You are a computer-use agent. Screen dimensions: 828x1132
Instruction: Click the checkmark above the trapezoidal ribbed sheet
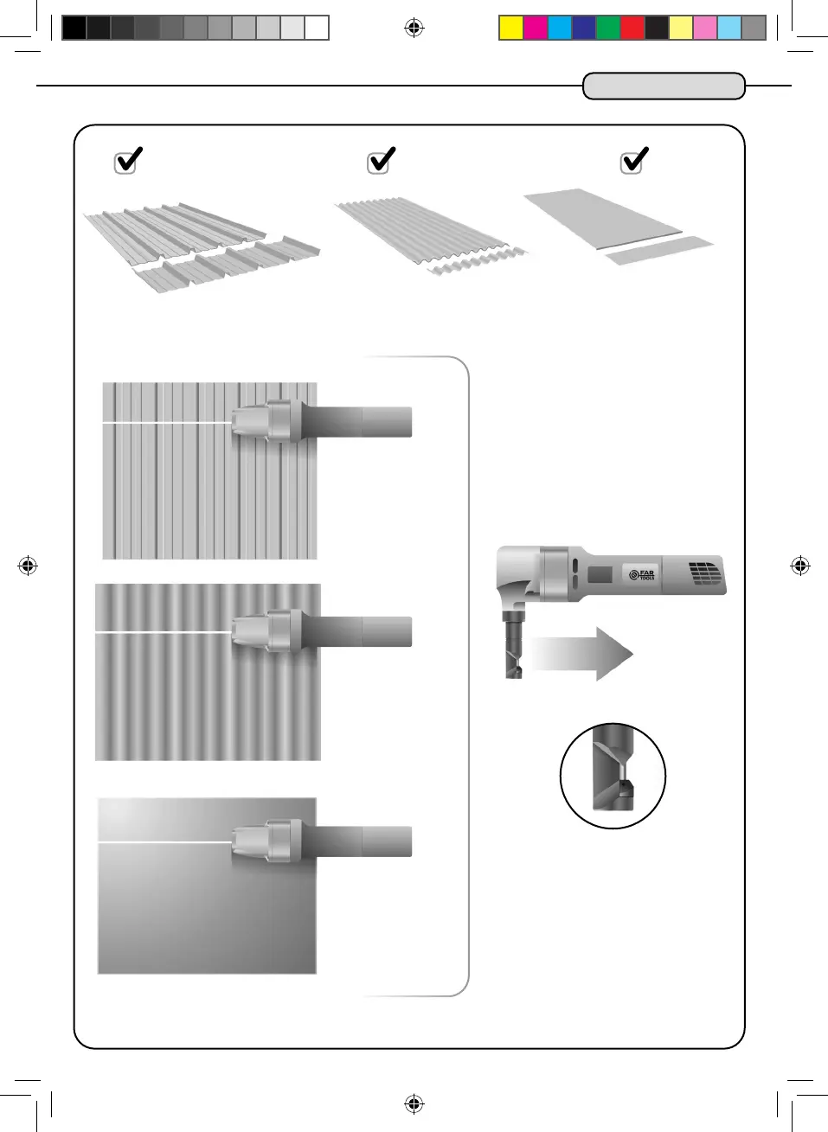pos(128,161)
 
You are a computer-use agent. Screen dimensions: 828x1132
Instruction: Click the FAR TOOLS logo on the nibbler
pos(642,575)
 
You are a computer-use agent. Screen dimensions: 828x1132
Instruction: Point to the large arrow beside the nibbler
pos(581,654)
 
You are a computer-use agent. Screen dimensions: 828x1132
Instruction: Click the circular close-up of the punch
pos(613,776)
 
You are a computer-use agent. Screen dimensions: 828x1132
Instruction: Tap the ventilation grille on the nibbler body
pos(704,573)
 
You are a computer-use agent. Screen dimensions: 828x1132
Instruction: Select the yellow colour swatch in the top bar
pos(511,28)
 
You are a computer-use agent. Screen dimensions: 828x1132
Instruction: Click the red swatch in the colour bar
pos(632,28)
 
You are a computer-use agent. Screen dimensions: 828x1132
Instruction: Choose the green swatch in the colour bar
pos(608,28)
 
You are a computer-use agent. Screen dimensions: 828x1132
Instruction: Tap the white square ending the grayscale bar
pos(317,28)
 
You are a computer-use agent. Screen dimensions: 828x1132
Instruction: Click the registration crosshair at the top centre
pos(414,28)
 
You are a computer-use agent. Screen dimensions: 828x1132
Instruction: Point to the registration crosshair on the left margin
pos(28,566)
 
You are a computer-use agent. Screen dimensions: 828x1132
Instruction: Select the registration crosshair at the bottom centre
pos(414,1103)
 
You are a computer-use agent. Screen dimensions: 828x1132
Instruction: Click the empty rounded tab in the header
pos(664,86)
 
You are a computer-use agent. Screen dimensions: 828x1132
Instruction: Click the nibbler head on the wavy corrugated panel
pos(266,631)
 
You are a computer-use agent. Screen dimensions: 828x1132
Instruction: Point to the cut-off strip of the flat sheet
pos(659,250)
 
